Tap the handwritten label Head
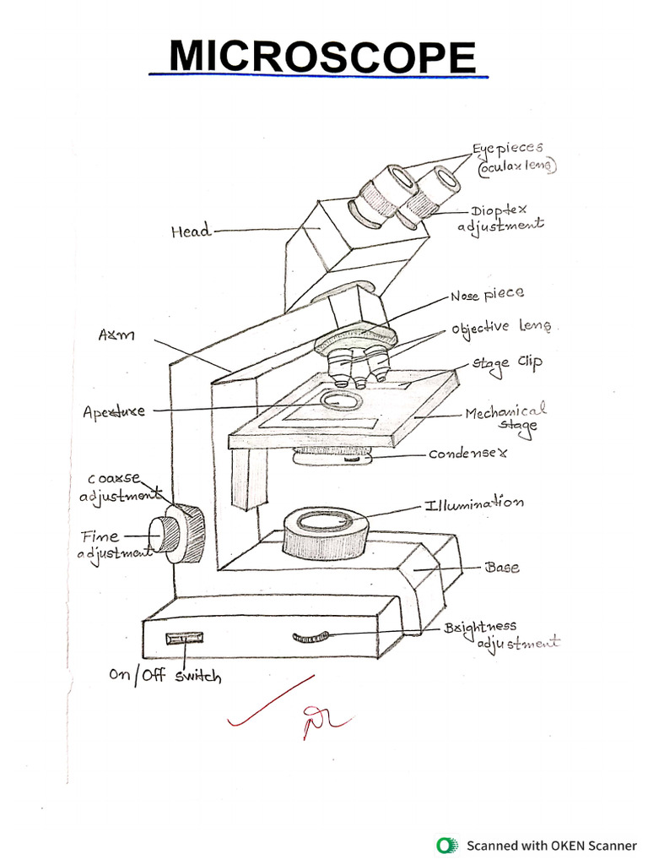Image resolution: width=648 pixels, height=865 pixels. coord(190,231)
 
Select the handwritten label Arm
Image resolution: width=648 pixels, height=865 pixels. coord(116,336)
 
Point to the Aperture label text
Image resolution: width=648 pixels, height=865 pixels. coord(114,412)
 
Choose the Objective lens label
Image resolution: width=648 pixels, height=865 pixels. coord(504,327)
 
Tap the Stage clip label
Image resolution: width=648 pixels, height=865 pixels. coord(506,362)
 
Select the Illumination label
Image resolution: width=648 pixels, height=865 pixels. coord(472,503)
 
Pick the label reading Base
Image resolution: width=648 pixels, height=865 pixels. coord(502,567)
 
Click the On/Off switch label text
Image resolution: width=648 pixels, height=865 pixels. coord(165,675)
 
